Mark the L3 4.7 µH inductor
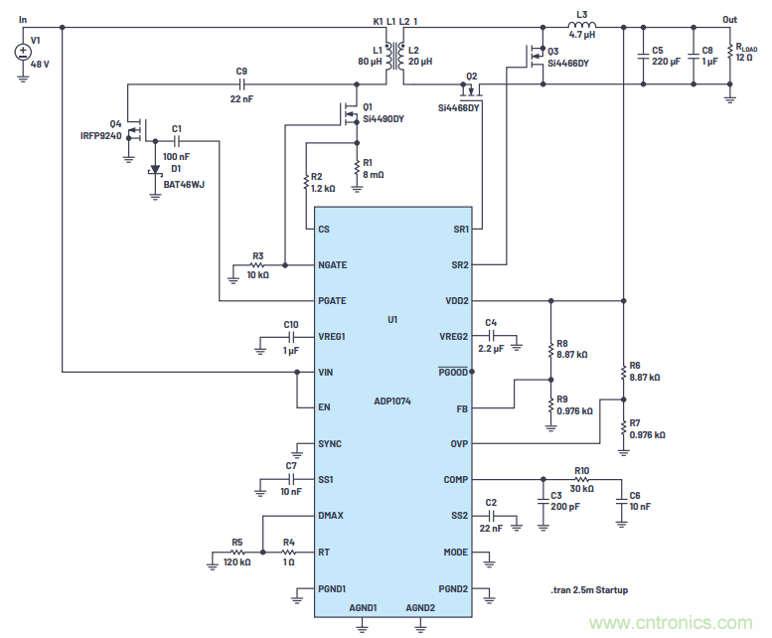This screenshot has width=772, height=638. point(581,28)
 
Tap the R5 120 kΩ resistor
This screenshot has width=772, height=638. point(237,553)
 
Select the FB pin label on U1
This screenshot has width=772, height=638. point(460,408)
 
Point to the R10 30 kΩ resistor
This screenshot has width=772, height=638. point(581,480)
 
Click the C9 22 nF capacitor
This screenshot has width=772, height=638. point(241,87)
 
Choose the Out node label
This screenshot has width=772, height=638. point(730,19)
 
